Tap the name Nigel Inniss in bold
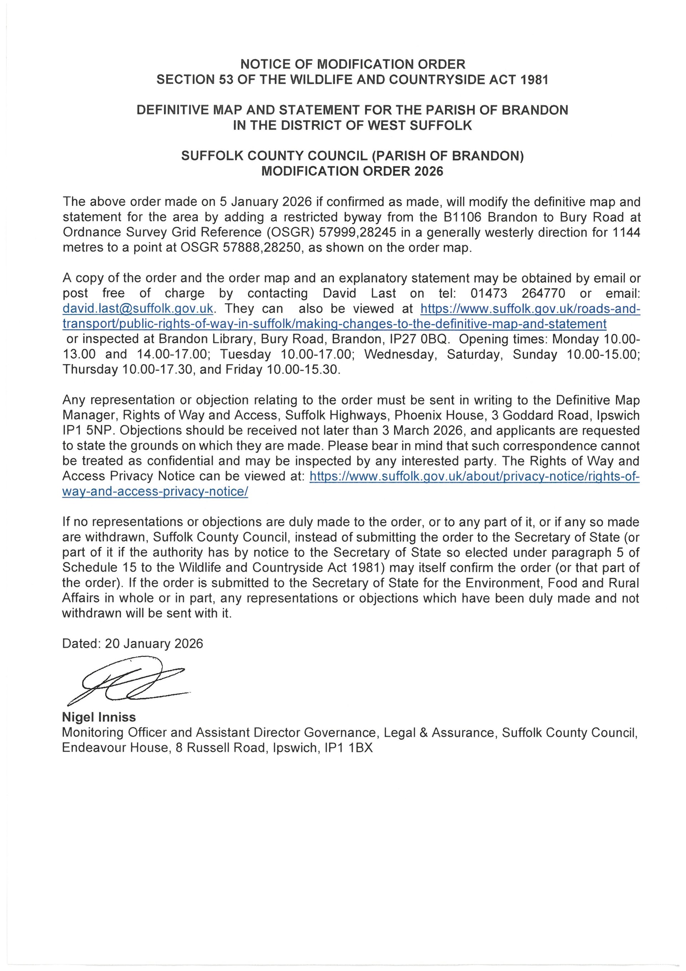pos(99,717)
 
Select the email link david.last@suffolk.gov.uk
pos(138,309)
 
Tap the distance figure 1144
pos(626,232)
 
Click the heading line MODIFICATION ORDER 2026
pos(352,171)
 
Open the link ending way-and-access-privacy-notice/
pos(155,492)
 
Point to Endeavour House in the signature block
pos(116,748)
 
